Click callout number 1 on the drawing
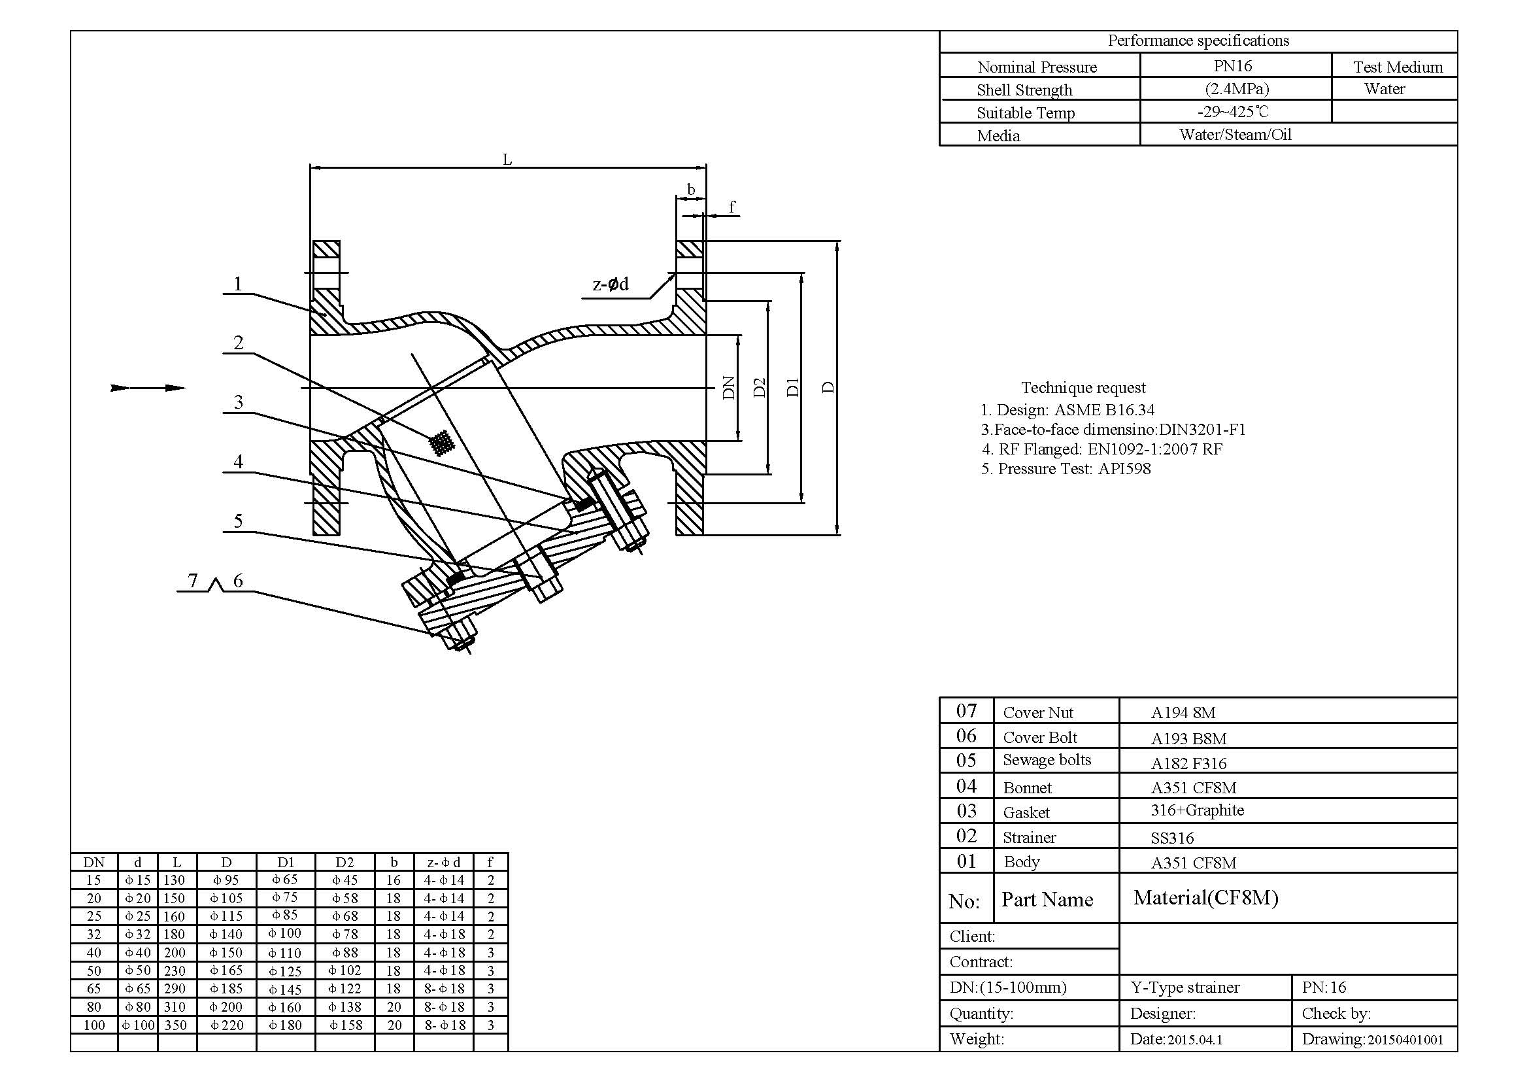238,284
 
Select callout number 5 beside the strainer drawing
238,521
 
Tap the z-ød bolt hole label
610,284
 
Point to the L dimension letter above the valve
507,160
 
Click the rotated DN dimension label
730,388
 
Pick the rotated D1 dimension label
792,387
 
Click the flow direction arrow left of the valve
148,388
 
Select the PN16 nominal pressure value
1233,66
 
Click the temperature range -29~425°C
1233,112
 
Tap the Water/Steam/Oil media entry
1235,135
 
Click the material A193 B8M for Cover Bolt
1188,738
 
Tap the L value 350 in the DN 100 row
176,1025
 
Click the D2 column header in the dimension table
344,863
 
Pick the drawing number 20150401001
1405,1040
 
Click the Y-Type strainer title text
1185,987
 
